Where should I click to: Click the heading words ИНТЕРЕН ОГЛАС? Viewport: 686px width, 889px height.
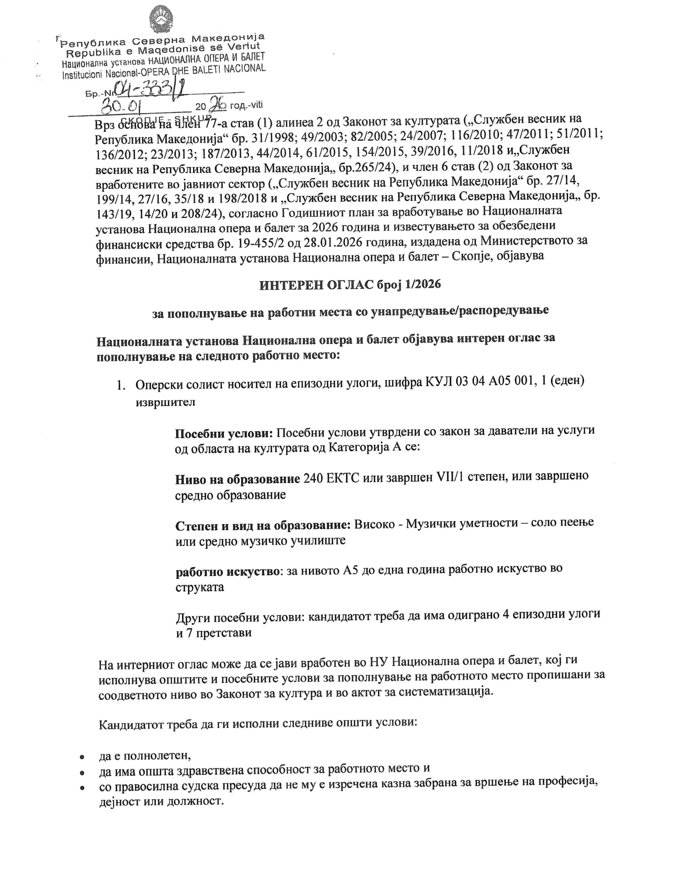pyautogui.click(x=316, y=284)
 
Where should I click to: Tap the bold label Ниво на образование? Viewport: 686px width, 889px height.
pyautogui.click(x=238, y=479)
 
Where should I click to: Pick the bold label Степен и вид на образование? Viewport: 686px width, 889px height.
pyautogui.click(x=263, y=525)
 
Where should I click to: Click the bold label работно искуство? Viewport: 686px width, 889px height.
pyautogui.click(x=227, y=572)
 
